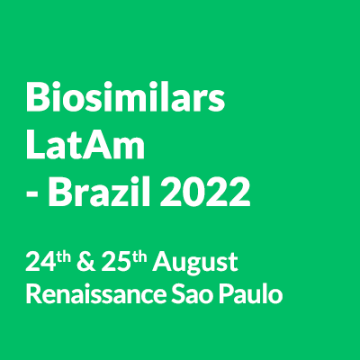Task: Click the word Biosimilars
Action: pyautogui.click(x=125, y=96)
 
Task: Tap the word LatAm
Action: pyautogui.click(x=85, y=145)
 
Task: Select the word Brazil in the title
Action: pyautogui.click(x=99, y=191)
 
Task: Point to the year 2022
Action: pyautogui.click(x=205, y=192)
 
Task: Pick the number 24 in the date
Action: pyautogui.click(x=40, y=262)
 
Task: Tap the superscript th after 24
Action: pyautogui.click(x=64, y=257)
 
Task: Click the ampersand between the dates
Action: pyautogui.click(x=86, y=262)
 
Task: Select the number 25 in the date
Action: pyautogui.click(x=116, y=262)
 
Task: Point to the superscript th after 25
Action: pyautogui.click(x=139, y=257)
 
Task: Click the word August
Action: pyautogui.click(x=195, y=264)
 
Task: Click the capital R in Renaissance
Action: pyautogui.click(x=33, y=293)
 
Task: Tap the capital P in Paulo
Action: pyautogui.click(x=225, y=293)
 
